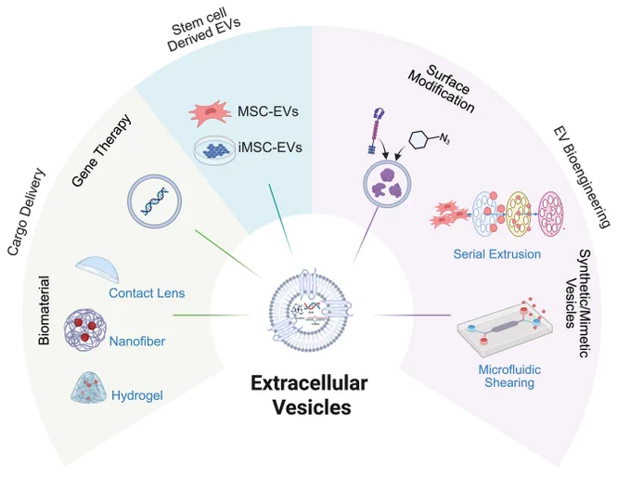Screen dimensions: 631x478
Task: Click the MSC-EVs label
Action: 267,111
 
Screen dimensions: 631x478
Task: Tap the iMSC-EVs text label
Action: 270,148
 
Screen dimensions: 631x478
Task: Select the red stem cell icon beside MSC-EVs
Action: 210,113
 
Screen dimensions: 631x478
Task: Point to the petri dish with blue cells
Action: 214,149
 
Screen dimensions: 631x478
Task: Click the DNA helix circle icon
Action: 155,200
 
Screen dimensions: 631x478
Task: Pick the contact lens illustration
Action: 97,268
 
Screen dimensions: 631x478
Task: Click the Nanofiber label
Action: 137,342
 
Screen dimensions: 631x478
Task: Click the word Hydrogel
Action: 137,395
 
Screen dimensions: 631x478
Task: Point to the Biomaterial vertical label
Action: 44,310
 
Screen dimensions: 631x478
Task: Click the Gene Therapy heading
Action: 102,150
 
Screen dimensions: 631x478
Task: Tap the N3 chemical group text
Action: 444,139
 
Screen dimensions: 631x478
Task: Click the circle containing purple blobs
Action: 387,185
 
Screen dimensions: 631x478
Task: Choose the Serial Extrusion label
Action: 497,254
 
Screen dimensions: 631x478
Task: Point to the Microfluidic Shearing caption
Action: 509,376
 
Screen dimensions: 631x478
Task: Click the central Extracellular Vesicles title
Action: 309,395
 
